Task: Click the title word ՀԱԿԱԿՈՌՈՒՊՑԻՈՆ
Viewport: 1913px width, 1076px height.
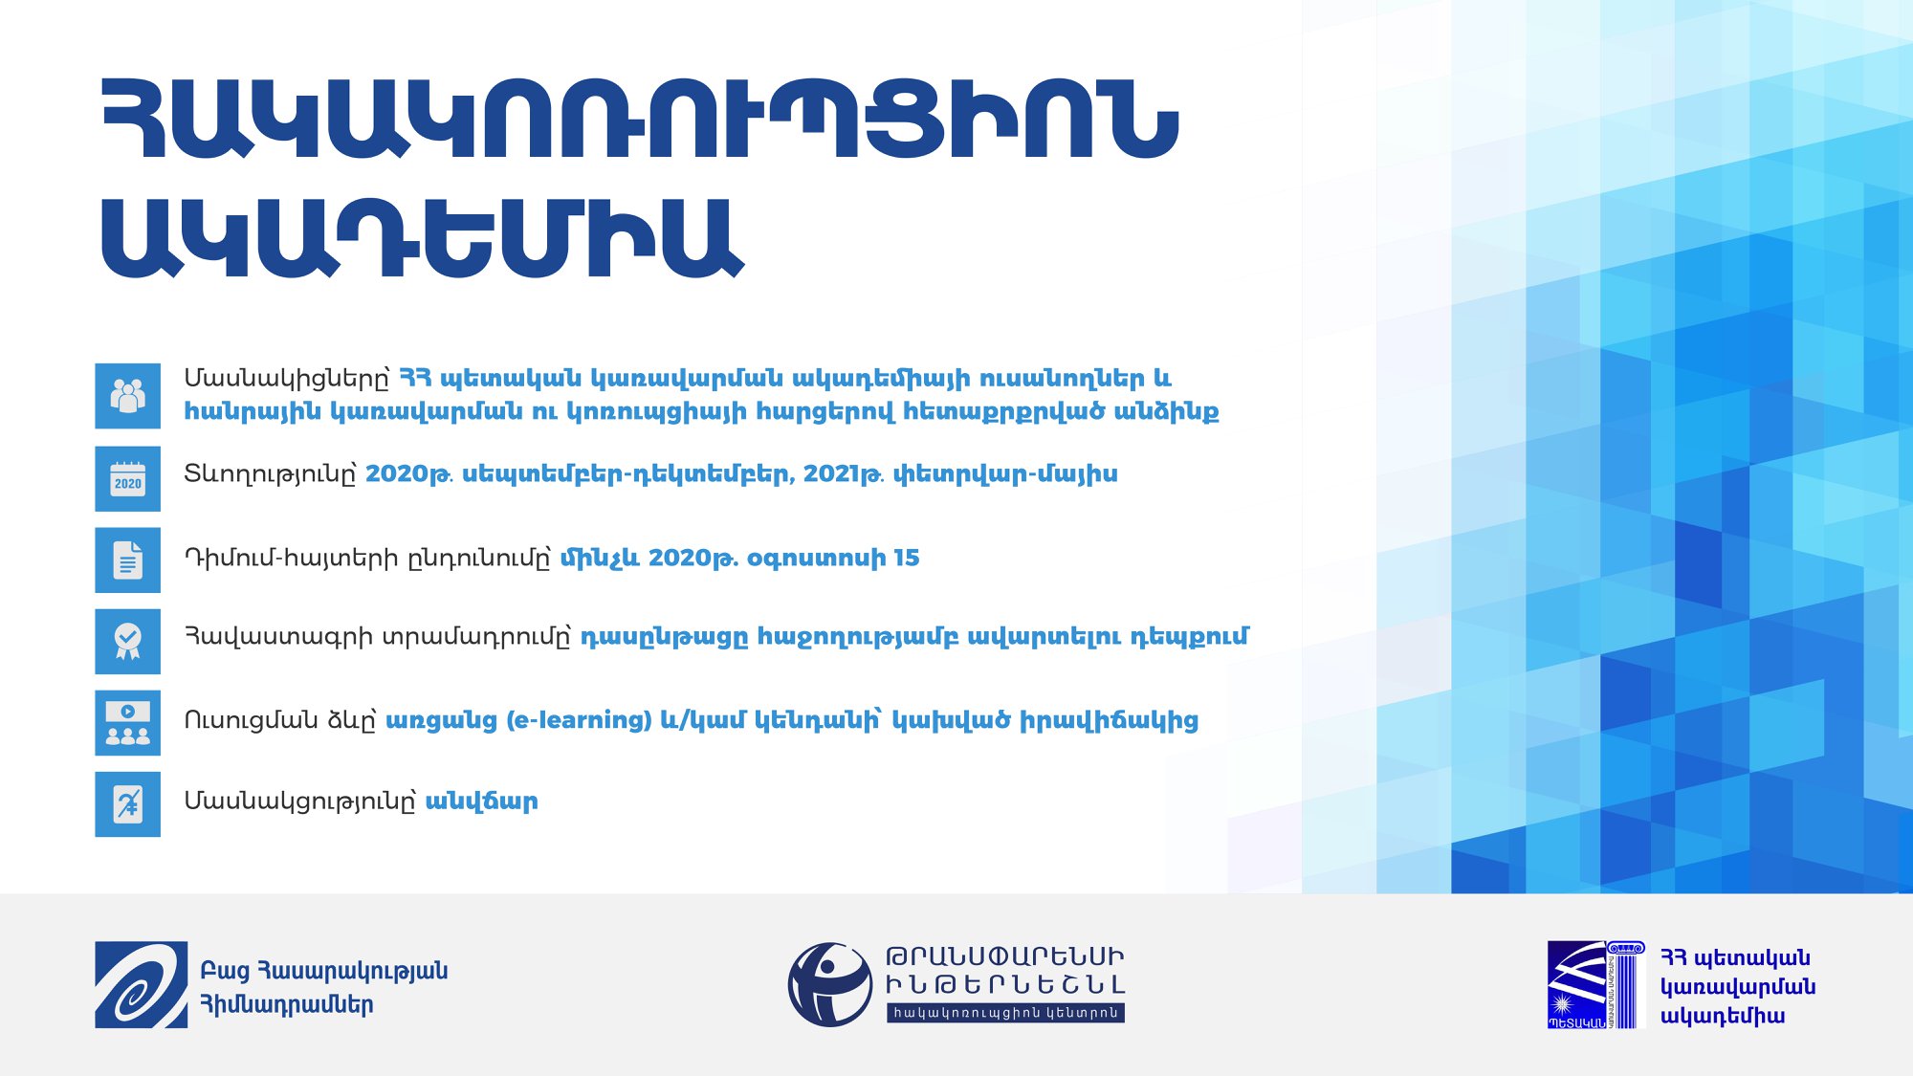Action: click(639, 119)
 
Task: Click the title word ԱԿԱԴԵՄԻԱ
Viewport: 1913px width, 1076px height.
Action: click(422, 238)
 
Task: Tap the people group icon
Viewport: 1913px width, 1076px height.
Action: click(127, 395)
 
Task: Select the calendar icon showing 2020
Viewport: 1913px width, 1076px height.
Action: click(127, 478)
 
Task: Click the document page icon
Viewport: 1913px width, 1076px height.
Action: click(127, 560)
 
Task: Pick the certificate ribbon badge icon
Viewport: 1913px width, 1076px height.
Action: click(127, 641)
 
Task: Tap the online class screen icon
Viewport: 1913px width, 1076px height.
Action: click(127, 722)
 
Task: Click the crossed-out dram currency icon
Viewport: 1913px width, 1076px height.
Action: click(127, 803)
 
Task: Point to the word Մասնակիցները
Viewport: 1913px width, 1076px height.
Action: click(287, 379)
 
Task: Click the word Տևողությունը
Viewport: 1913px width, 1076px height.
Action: click(270, 474)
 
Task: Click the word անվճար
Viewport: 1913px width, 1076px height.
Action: click(481, 802)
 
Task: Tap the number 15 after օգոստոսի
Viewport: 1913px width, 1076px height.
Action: click(906, 558)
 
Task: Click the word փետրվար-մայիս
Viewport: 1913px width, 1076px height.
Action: click(1004, 474)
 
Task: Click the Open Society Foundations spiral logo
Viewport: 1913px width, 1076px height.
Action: click(141, 984)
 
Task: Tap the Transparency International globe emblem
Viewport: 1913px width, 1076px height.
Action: click(829, 984)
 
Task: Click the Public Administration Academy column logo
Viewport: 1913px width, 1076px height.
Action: click(1595, 984)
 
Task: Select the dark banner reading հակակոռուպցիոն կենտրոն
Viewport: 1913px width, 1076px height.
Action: click(1005, 1013)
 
